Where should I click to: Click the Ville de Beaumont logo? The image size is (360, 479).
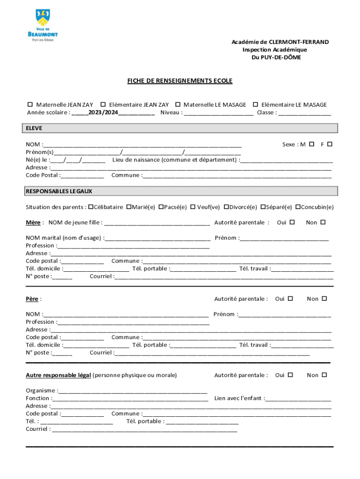pos(43,25)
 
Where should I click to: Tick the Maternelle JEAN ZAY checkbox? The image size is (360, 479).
pos(30,105)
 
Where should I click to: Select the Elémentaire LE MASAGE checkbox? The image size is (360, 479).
pos(255,105)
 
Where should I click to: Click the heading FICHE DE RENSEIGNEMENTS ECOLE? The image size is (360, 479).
pos(180,81)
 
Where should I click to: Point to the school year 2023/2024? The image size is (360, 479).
pos(103,113)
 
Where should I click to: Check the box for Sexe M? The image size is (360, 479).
pos(311,144)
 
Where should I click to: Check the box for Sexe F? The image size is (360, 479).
pos(330,144)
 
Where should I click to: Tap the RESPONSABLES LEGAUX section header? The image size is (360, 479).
pos(59,191)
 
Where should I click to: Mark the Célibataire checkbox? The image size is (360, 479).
pos(91,207)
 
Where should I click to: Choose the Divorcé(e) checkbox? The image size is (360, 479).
pos(226,207)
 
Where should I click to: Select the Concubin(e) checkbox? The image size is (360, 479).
pos(297,207)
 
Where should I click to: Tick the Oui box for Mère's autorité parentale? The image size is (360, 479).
pos(292,222)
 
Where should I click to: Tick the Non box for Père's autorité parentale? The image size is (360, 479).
pos(324,298)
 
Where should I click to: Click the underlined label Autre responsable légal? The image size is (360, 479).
pos(58,375)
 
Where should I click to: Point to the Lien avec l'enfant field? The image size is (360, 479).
pos(298,399)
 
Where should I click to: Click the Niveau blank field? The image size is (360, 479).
pos(219,113)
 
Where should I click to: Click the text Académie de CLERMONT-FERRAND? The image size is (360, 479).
pos(280,42)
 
